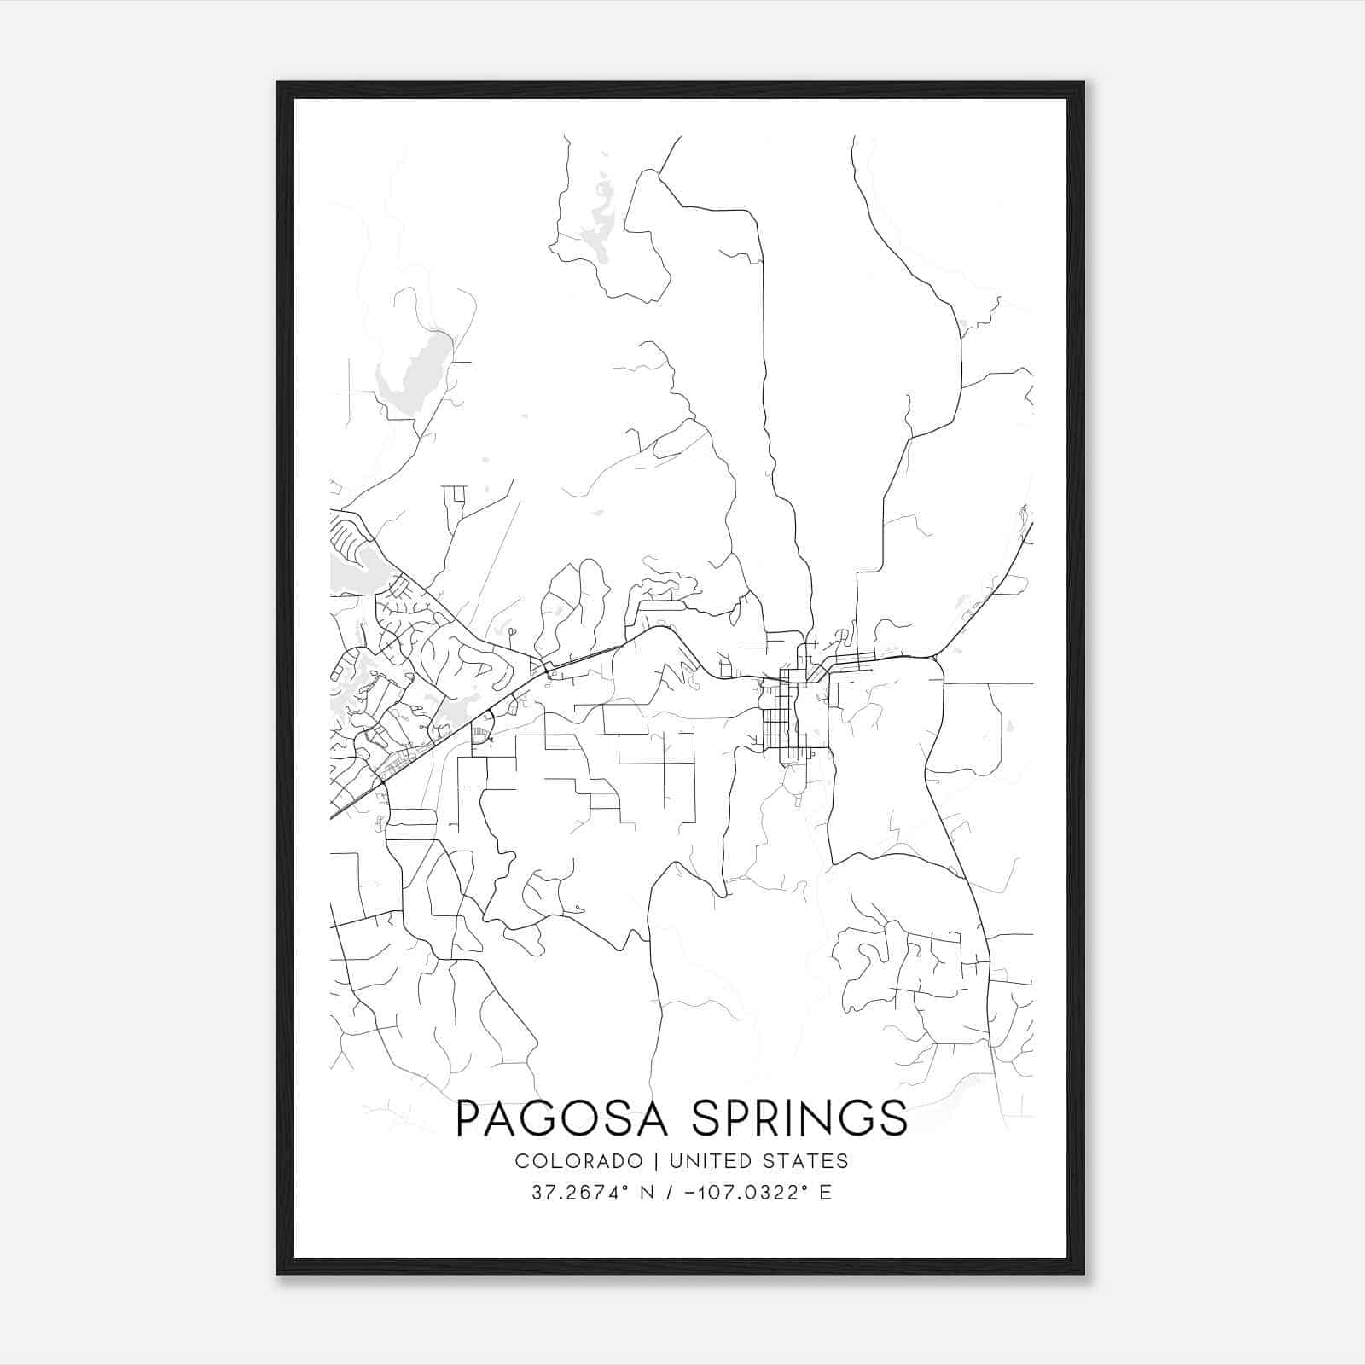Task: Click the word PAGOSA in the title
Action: point(566,1118)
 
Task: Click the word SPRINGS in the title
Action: point(799,1118)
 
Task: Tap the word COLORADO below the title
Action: point(579,1161)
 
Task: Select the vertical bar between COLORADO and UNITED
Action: point(657,1161)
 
